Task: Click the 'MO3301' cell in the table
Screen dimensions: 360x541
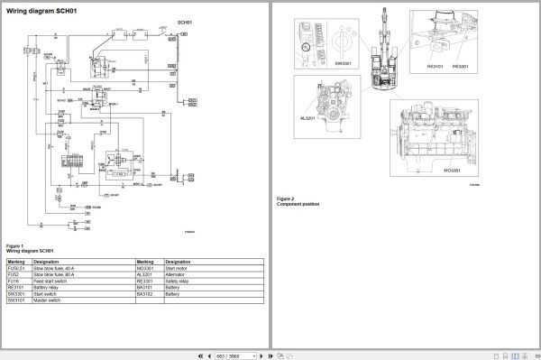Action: pyautogui.click(x=147, y=268)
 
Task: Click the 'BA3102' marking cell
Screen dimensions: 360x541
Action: pyautogui.click(x=147, y=297)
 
